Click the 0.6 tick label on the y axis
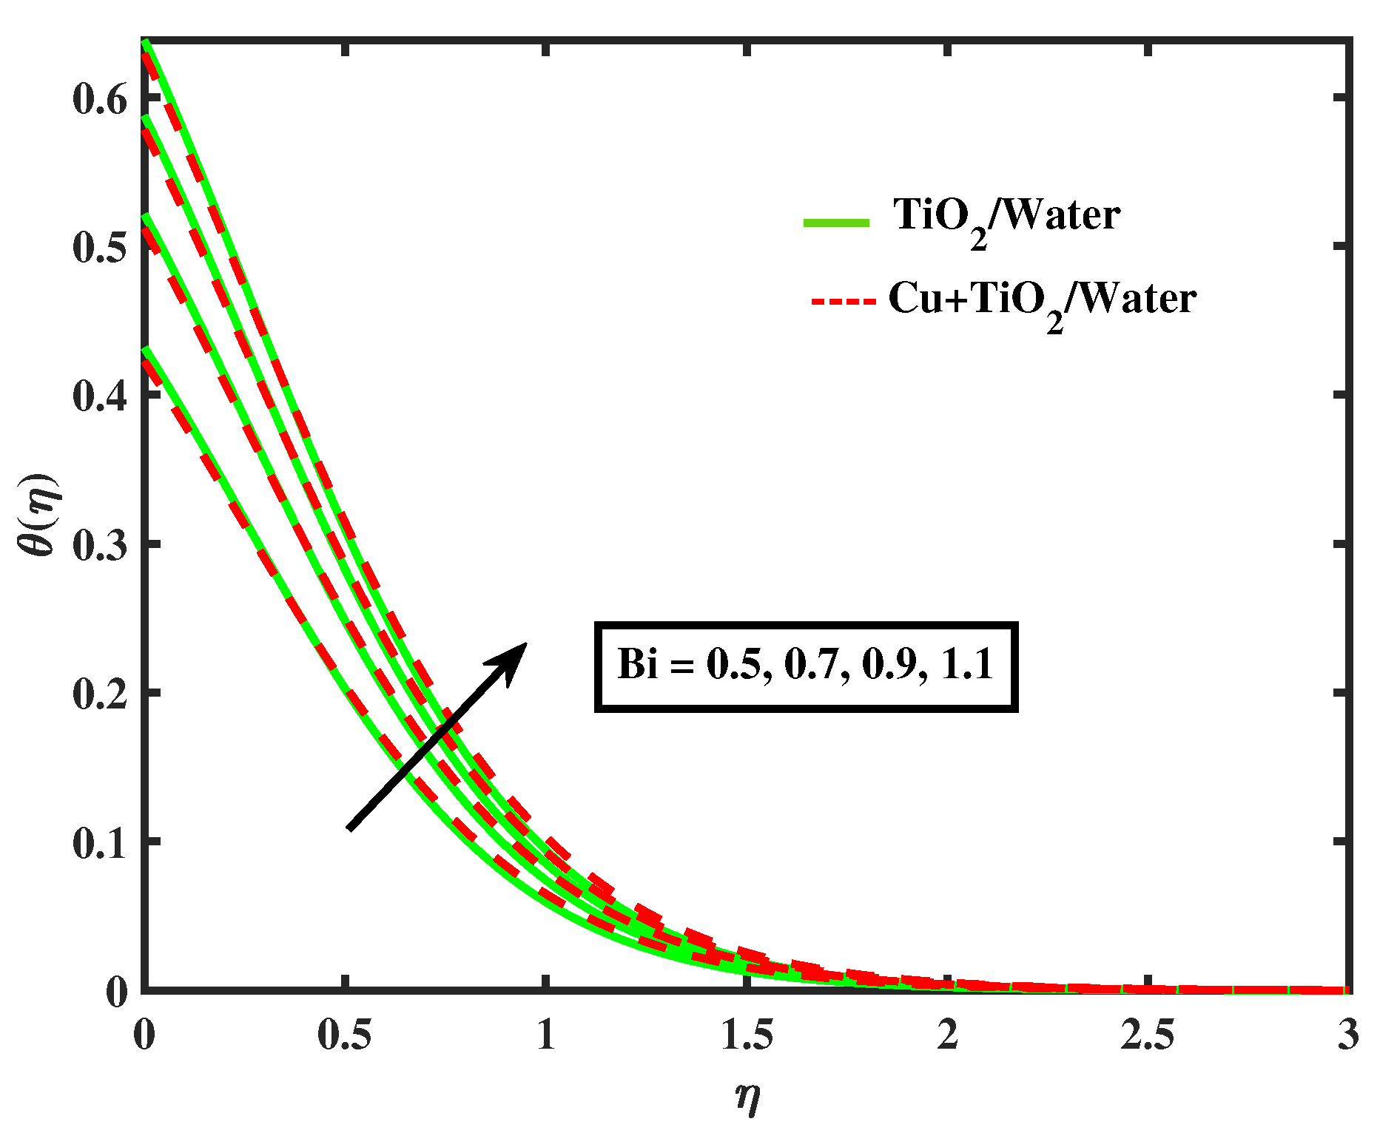[101, 99]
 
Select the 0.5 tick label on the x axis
[344, 1034]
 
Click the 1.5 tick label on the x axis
[747, 1034]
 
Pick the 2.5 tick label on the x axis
[1148, 1034]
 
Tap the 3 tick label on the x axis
[1347, 1034]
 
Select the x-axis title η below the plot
[748, 1096]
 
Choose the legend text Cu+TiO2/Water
[1042, 300]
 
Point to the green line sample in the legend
[836, 221]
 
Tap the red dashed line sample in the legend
[844, 301]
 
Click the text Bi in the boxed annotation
[637, 663]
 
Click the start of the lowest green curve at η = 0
[147, 348]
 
